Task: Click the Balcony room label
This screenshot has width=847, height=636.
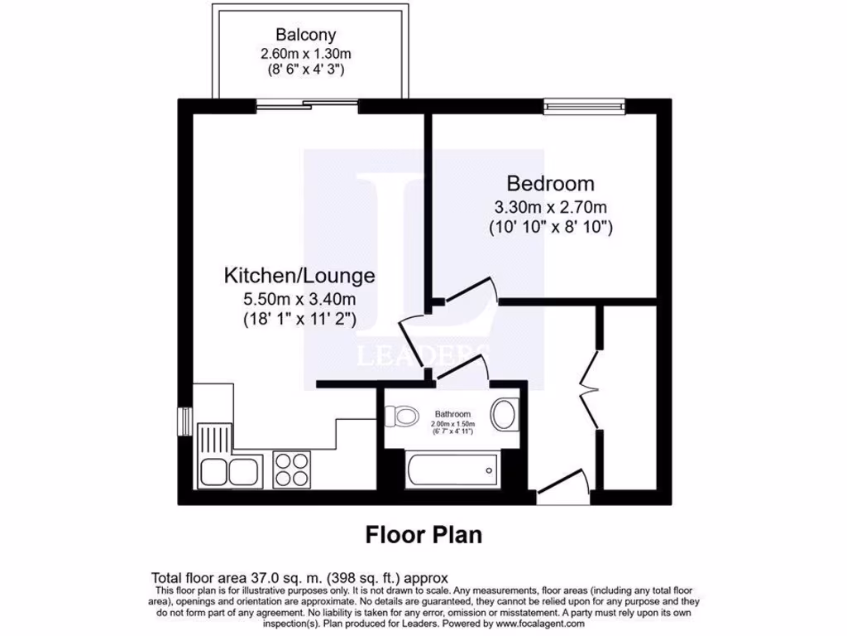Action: pyautogui.click(x=306, y=36)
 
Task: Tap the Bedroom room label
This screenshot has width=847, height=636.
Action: pyautogui.click(x=550, y=183)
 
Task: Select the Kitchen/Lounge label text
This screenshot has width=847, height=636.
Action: pyautogui.click(x=299, y=275)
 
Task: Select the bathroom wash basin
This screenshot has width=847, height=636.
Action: pyautogui.click(x=504, y=414)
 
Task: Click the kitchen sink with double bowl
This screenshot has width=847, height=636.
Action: pyautogui.click(x=229, y=471)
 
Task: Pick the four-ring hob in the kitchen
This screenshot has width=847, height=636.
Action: pyautogui.click(x=290, y=470)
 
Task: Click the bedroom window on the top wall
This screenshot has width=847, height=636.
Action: pyautogui.click(x=584, y=105)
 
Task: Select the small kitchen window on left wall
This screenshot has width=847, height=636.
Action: pyautogui.click(x=184, y=420)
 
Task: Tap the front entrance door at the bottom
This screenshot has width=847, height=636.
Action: pyautogui.click(x=562, y=489)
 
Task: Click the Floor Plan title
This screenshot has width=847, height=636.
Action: pyautogui.click(x=423, y=535)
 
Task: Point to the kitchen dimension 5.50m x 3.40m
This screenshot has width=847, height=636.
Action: pyautogui.click(x=299, y=298)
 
